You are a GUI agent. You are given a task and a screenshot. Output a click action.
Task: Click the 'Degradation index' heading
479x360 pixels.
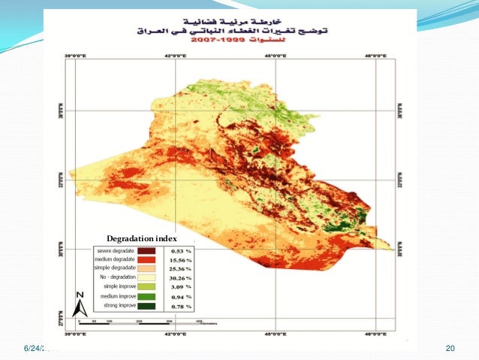tap(141, 238)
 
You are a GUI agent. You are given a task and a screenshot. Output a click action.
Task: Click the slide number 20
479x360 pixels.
tap(450, 348)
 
